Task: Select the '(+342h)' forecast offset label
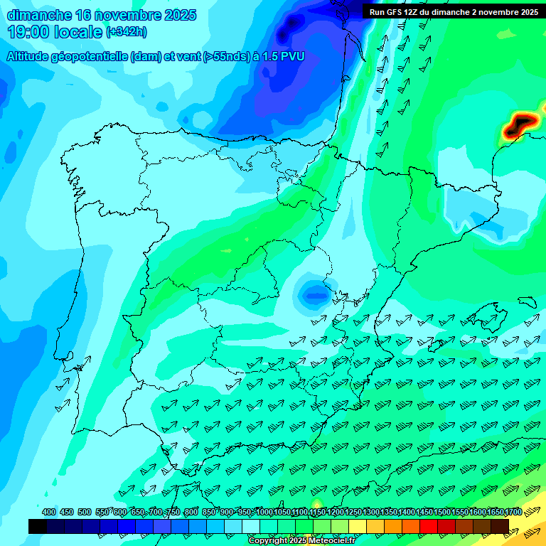[126, 32]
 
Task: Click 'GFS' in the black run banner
[397, 12]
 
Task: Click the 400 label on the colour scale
[48, 513]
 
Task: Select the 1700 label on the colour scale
[513, 513]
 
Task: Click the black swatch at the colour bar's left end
[38, 526]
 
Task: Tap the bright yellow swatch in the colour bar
[358, 526]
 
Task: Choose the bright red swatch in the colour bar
[429, 526]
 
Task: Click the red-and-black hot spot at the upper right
[520, 124]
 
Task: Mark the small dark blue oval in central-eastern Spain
[312, 291]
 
